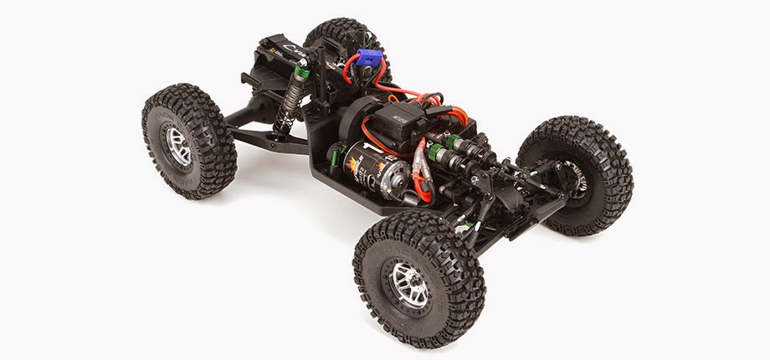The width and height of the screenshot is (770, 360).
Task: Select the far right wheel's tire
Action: point(577,172)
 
